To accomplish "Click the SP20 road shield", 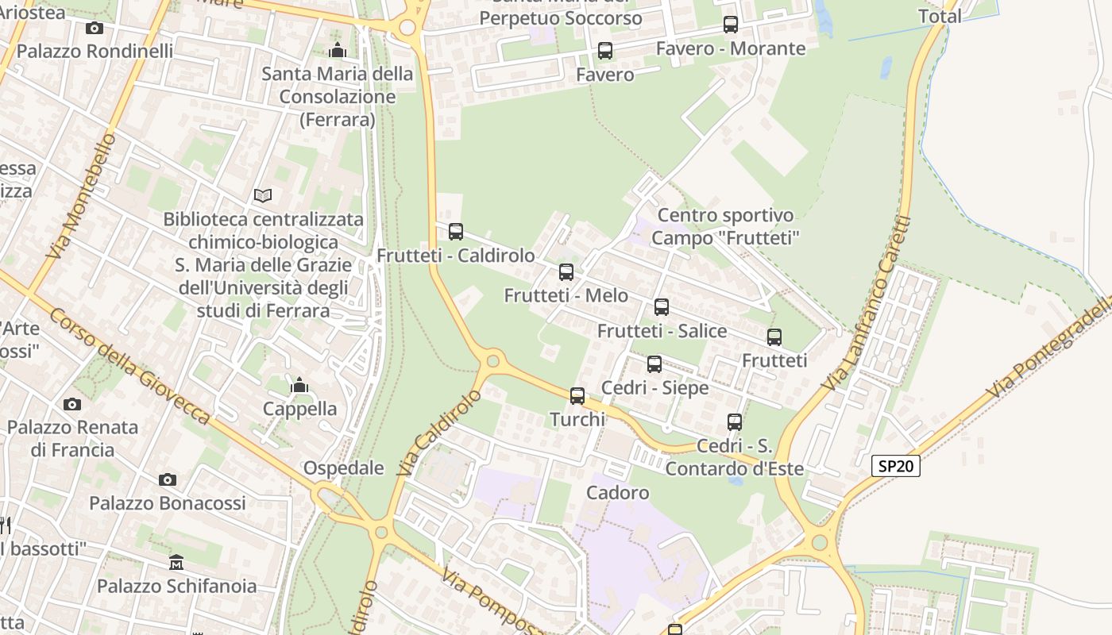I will point(896,466).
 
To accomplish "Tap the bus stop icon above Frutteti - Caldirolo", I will point(456,232).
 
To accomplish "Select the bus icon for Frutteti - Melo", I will point(566,272).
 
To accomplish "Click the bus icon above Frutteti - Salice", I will point(662,307).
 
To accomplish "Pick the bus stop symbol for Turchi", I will point(577,395).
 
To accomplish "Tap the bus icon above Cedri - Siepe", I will point(654,364).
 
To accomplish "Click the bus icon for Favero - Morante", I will point(731,25).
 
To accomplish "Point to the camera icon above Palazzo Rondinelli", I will point(95,29).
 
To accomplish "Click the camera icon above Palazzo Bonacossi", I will point(167,479).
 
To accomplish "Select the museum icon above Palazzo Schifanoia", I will point(176,563).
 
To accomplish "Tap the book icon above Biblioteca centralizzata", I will point(263,195).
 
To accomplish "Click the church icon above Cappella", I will point(299,386).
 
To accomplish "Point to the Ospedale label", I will point(344,468).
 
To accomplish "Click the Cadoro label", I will point(618,493).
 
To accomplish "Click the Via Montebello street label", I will point(82,197).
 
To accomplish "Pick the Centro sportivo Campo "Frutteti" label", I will point(725,226).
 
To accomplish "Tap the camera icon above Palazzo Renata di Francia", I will point(72,404).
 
